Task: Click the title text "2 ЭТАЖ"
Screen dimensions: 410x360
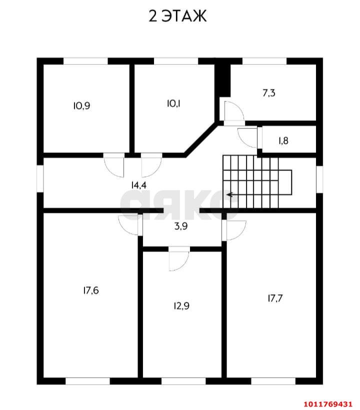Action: pyautogui.click(x=177, y=16)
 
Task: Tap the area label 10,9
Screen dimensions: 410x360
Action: pyautogui.click(x=81, y=105)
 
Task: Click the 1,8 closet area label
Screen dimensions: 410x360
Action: pyautogui.click(x=283, y=140)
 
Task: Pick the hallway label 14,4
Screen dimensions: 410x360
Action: pyautogui.click(x=138, y=185)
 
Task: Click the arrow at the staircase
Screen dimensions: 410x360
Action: pyautogui.click(x=230, y=195)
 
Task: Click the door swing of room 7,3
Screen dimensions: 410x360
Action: pyautogui.click(x=232, y=111)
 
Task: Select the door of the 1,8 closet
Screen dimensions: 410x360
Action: pyautogui.click(x=248, y=137)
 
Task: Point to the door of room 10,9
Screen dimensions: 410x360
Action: pyautogui.click(x=114, y=167)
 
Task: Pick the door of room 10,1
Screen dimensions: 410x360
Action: pyautogui.click(x=150, y=167)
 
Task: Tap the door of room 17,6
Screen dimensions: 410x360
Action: pyautogui.click(x=130, y=226)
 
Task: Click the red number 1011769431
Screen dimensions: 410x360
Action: pyautogui.click(x=327, y=403)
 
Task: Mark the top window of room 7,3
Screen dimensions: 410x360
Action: pyautogui.click(x=264, y=61)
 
